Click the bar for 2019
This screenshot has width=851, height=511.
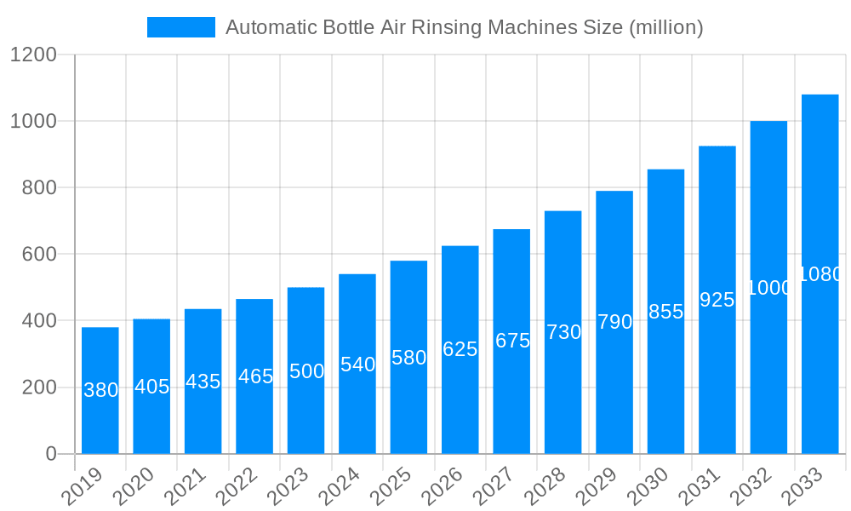pos(100,390)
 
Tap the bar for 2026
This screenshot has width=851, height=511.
pos(460,349)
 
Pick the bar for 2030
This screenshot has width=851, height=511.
pos(665,312)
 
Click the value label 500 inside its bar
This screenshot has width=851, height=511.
pos(306,371)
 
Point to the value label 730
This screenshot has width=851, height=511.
pos(563,332)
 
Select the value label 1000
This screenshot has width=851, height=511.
pos(768,288)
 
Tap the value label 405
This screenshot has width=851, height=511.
pos(152,387)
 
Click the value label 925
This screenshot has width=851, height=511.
pos(717,300)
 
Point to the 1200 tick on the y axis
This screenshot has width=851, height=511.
pos(33,55)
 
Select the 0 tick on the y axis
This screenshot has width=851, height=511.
pos(51,454)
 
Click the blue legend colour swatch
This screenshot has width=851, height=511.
pos(181,27)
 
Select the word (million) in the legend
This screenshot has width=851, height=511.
pos(665,27)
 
